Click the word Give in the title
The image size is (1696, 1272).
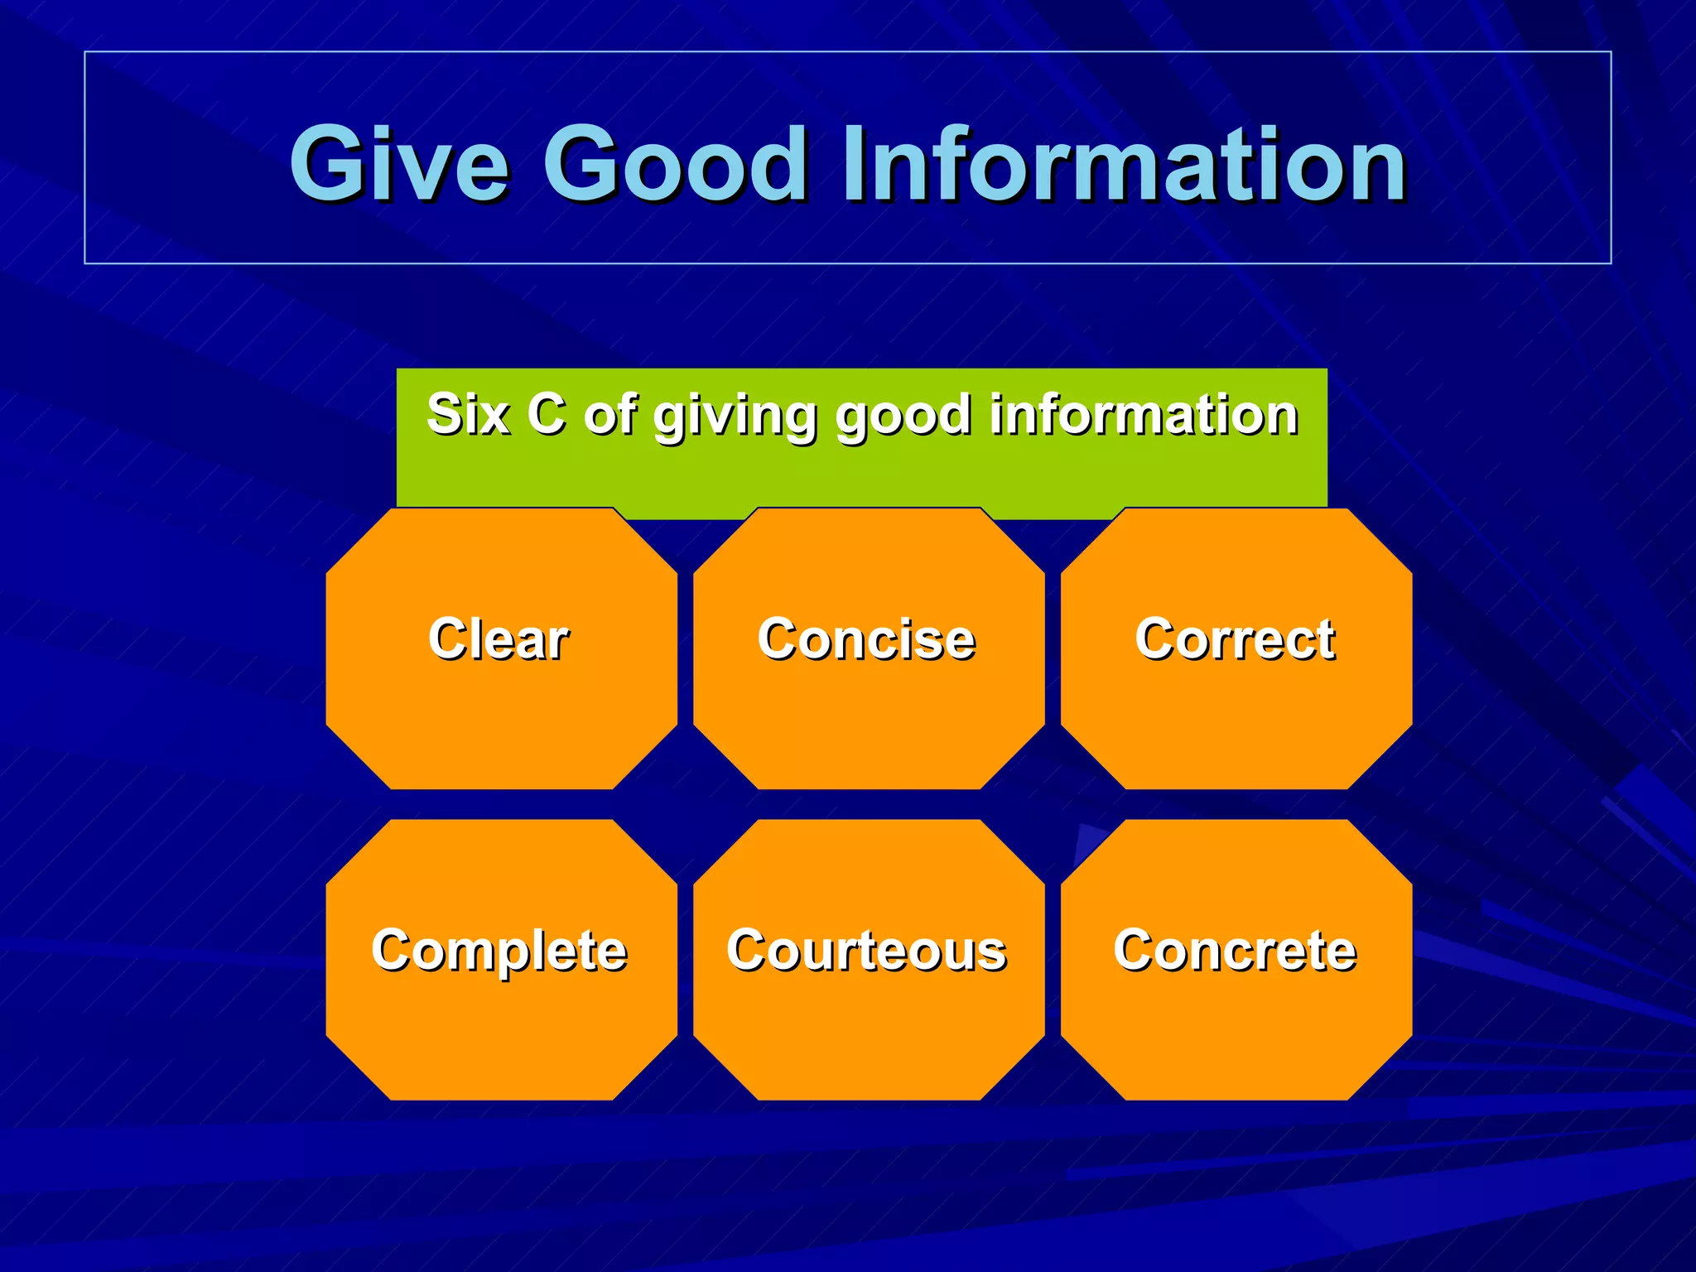[x=398, y=163]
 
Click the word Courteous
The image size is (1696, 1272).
[x=866, y=950]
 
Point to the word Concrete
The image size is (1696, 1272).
[x=1235, y=950]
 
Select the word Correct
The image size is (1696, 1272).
[x=1235, y=639]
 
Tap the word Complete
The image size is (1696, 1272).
[x=499, y=952]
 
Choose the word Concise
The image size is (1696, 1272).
[x=866, y=639]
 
